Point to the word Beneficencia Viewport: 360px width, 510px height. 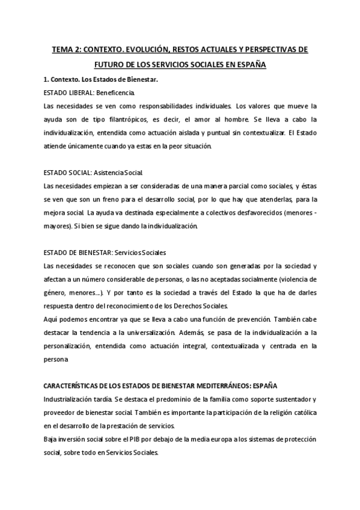coord(116,93)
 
